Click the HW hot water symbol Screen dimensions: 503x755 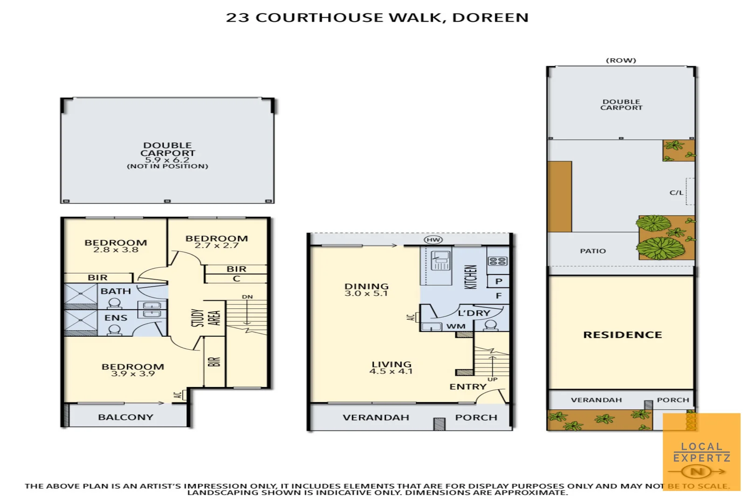tap(433, 240)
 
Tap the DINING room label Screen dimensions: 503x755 tap(366, 286)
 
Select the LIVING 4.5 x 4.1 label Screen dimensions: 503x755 tap(391, 367)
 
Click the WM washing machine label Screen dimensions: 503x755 tap(455, 326)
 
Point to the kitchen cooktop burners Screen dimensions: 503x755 tap(497, 261)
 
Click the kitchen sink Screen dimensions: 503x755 tap(440, 260)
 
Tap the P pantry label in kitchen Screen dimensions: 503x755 tap(499, 281)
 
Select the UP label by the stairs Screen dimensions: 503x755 tap(493, 380)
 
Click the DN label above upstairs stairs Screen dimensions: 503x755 tap(247, 297)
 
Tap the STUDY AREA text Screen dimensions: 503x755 tap(206, 318)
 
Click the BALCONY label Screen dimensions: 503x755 tap(125, 417)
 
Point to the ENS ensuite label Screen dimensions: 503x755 tap(116, 318)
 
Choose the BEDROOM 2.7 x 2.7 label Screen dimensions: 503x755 tap(217, 242)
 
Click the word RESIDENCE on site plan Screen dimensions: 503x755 tap(622, 335)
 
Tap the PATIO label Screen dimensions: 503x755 tap(593, 251)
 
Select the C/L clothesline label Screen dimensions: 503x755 tap(676, 192)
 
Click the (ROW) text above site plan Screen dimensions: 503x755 tap(621, 61)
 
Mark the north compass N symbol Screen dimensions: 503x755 tap(697, 472)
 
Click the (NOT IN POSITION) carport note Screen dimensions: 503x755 tap(167, 166)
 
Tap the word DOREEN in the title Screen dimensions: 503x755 tap(490, 18)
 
